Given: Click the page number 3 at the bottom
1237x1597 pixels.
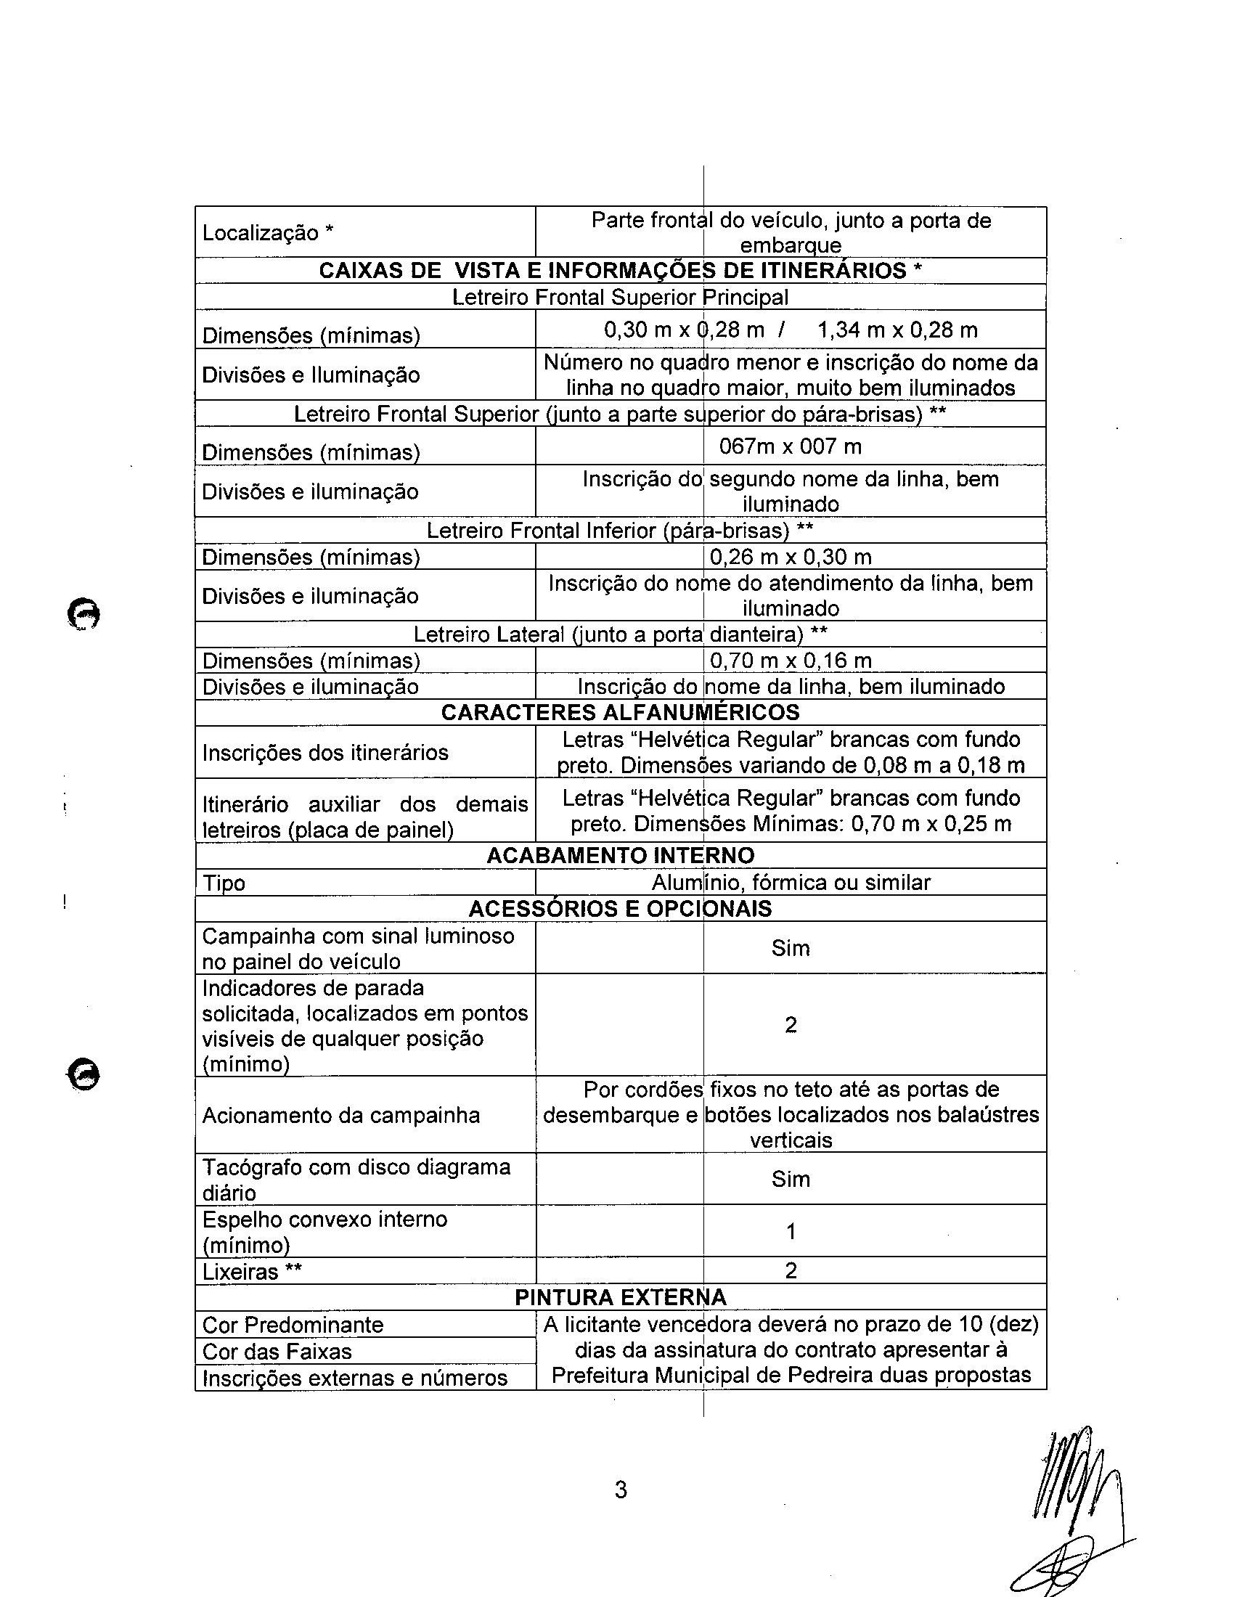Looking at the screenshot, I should [x=621, y=1490].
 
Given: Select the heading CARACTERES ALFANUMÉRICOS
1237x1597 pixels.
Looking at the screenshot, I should [x=620, y=712].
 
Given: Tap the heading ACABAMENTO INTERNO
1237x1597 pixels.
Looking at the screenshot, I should [x=620, y=855].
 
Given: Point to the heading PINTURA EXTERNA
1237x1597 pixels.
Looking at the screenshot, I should [x=620, y=1297].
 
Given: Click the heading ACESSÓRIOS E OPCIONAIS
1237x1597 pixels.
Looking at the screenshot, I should [x=620, y=908].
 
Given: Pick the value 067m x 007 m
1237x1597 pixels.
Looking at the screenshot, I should [x=791, y=446].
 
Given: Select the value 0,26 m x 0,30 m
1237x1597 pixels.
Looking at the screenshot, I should [x=791, y=557].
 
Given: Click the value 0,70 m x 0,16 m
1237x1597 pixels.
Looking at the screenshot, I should [x=791, y=661].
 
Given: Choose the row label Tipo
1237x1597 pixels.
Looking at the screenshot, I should [x=224, y=883].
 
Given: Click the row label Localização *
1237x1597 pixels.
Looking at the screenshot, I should [x=268, y=232].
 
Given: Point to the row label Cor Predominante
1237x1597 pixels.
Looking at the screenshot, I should [x=293, y=1324].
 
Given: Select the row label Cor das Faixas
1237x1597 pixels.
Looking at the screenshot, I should [x=277, y=1351].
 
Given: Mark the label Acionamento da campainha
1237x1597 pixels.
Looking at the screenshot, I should [x=340, y=1115].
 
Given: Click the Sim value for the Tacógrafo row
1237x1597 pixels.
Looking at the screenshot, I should [x=791, y=1179].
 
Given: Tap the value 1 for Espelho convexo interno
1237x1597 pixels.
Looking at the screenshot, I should [x=791, y=1231].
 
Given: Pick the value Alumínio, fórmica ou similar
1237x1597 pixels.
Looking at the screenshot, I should [x=791, y=882].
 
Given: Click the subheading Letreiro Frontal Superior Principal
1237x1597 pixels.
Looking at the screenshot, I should [x=620, y=297].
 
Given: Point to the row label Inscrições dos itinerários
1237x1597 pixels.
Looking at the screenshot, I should [x=325, y=753].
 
